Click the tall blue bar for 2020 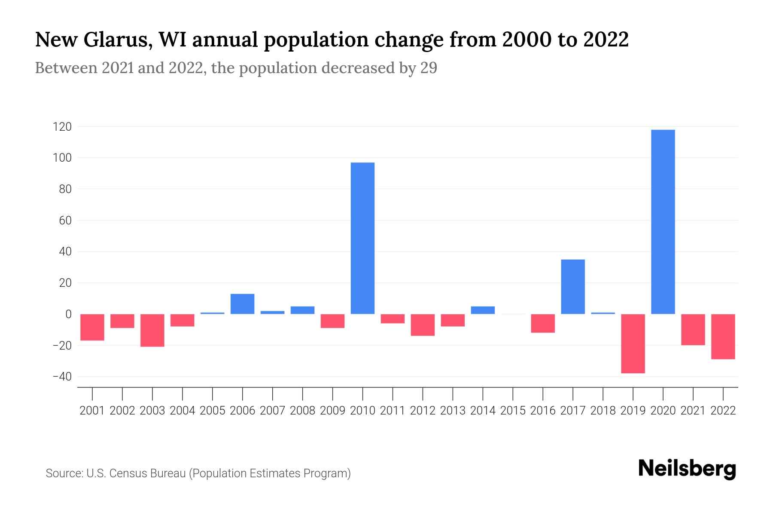(x=663, y=222)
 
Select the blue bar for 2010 (x=362, y=238)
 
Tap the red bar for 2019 (x=633, y=344)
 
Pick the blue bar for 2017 (x=572, y=287)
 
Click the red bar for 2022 (x=723, y=336)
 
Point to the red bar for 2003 (x=152, y=330)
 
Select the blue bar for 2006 (x=242, y=304)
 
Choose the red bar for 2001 (x=92, y=327)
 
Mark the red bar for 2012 (x=423, y=325)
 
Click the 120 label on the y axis (x=62, y=127)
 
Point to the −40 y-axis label (x=61, y=377)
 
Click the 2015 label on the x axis (x=513, y=411)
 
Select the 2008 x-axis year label (x=302, y=411)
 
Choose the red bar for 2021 (x=693, y=329)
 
